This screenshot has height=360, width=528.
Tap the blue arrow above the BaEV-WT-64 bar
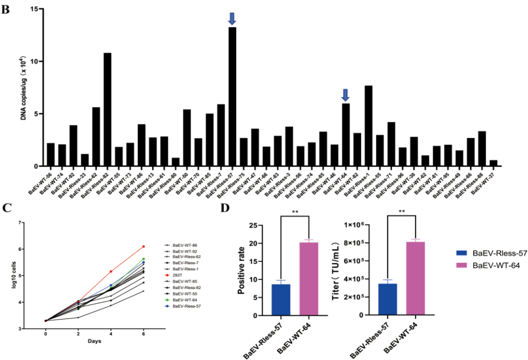(x=346, y=95)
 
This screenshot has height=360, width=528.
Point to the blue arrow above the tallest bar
(x=232, y=19)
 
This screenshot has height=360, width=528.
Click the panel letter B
(x=6, y=10)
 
